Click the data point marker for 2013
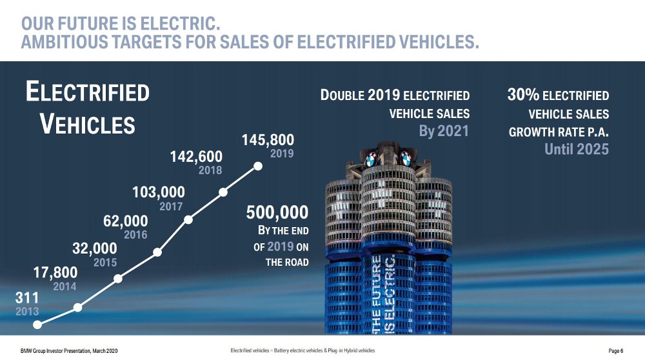point(37,325)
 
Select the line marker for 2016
point(157,252)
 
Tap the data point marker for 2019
point(258,166)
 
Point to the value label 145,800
point(268,140)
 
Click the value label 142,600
point(196,156)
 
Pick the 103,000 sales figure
point(159,192)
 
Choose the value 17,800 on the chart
point(55,272)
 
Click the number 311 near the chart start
point(26,297)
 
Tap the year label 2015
point(105,262)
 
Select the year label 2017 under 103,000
point(171,206)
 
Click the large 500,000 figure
point(277,212)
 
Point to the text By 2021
point(444,131)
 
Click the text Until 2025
point(577,149)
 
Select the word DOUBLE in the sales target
point(342,95)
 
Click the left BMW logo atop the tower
point(371,159)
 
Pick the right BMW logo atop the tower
point(406,159)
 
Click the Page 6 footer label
point(616,351)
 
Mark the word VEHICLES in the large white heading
point(88,125)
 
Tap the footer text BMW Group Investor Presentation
point(56,351)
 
